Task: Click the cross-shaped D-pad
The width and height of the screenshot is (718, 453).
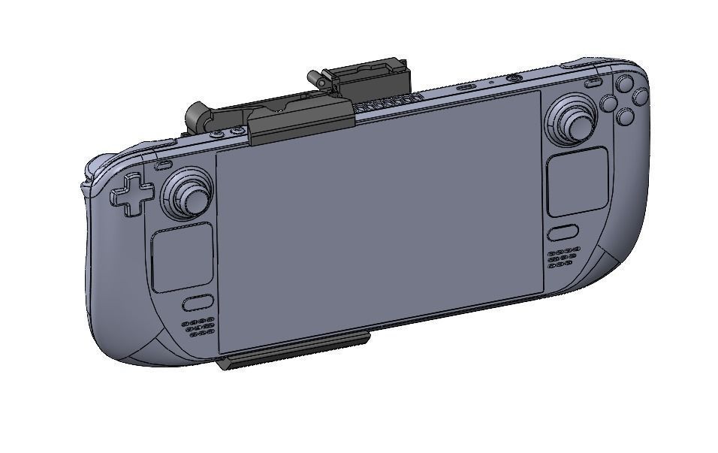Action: (x=132, y=195)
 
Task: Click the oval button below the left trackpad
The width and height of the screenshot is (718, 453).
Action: (x=197, y=304)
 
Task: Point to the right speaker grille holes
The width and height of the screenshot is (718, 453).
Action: (x=563, y=258)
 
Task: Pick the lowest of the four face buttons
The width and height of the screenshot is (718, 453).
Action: (x=624, y=116)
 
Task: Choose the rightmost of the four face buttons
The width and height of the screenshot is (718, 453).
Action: (x=640, y=97)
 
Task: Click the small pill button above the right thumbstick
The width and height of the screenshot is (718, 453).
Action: (x=593, y=82)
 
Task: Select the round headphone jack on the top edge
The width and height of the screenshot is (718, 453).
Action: (x=514, y=77)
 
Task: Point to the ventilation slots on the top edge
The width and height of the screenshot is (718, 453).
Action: (x=387, y=104)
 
